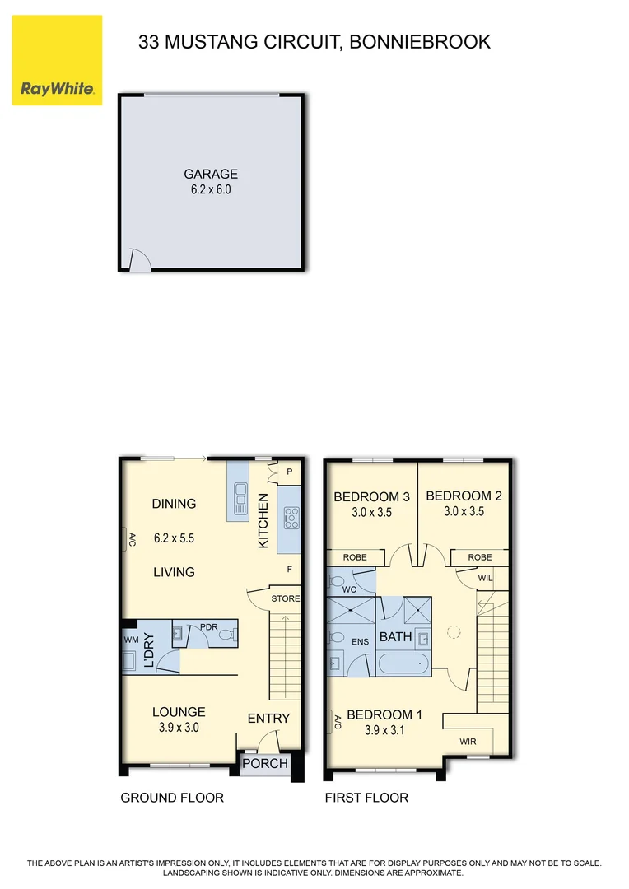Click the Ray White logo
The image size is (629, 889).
57,60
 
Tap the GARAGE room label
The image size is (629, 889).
211,174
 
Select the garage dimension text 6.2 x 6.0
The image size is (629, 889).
211,189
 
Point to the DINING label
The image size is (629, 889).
174,504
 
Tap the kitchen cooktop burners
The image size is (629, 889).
291,517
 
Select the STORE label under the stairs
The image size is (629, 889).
286,598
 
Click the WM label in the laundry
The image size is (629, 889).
131,639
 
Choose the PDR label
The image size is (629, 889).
207,626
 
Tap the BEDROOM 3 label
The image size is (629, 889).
371,496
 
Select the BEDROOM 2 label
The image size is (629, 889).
464,496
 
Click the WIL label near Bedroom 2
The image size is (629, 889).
486,577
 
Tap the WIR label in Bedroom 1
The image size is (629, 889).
468,742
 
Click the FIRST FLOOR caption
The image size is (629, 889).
366,798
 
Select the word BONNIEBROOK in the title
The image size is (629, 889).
421,41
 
